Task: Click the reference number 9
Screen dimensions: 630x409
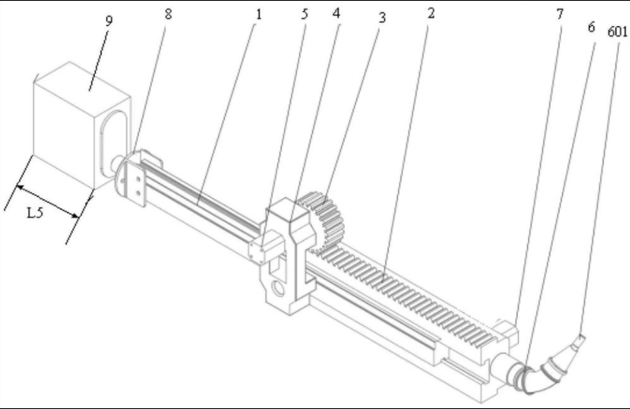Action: click(x=109, y=21)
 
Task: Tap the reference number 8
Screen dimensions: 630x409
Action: click(x=168, y=14)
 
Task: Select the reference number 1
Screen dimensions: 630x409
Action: click(x=258, y=14)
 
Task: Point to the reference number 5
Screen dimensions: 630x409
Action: click(x=305, y=13)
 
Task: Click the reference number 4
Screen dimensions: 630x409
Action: click(x=336, y=13)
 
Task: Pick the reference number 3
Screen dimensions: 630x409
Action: click(x=381, y=17)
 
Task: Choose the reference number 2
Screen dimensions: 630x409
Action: click(x=431, y=13)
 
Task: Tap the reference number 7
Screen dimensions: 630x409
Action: click(x=560, y=14)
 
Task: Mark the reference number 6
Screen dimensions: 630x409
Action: click(x=591, y=27)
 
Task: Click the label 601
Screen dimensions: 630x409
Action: click(x=617, y=32)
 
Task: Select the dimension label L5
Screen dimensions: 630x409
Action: click(x=35, y=212)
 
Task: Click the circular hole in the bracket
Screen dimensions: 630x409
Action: click(x=278, y=288)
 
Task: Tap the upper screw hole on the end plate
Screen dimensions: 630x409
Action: click(x=138, y=179)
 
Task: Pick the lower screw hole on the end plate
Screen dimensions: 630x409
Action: click(x=139, y=193)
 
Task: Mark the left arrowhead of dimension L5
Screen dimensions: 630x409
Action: click(x=19, y=187)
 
